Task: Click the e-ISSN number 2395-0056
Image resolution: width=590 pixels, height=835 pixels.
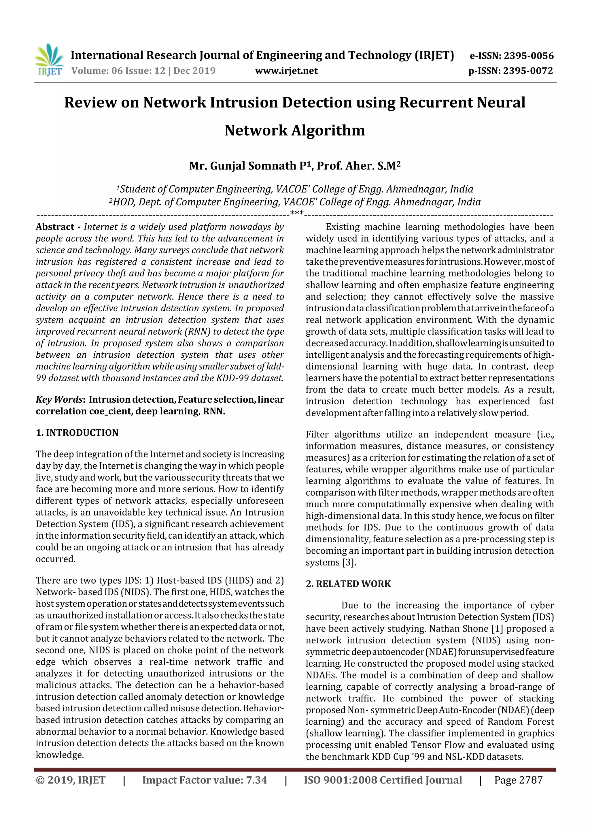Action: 528,56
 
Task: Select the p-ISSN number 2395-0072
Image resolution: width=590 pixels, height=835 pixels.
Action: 528,71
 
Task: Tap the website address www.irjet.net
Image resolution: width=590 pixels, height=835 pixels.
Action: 286,71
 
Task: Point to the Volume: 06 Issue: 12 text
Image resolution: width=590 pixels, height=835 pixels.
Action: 118,71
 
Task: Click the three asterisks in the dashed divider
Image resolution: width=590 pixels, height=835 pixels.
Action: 297,213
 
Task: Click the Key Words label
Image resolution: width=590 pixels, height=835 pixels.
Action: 59,400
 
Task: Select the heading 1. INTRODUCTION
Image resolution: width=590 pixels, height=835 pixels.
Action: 77,433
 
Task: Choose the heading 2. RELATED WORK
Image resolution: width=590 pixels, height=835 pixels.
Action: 348,584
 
